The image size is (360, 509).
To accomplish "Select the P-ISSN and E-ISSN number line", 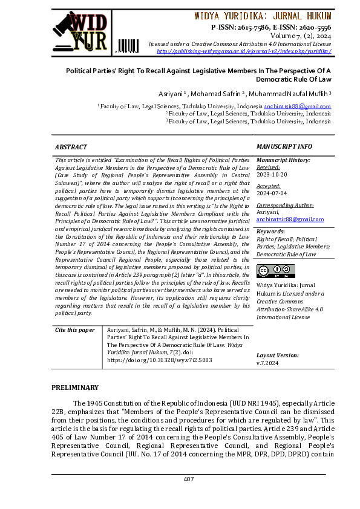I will [x=271, y=27].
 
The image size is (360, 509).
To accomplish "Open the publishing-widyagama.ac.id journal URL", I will [x=243, y=51].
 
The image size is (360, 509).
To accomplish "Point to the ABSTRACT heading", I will [x=71, y=147].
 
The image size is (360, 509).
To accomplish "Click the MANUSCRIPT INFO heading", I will [x=284, y=147].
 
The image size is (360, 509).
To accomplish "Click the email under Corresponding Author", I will [x=286, y=219].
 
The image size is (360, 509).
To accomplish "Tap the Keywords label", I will [x=270, y=232].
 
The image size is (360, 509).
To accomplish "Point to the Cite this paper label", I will [x=75, y=330].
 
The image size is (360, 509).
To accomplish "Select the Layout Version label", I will [x=277, y=355].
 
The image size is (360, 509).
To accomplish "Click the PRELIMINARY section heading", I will [x=74, y=387].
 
